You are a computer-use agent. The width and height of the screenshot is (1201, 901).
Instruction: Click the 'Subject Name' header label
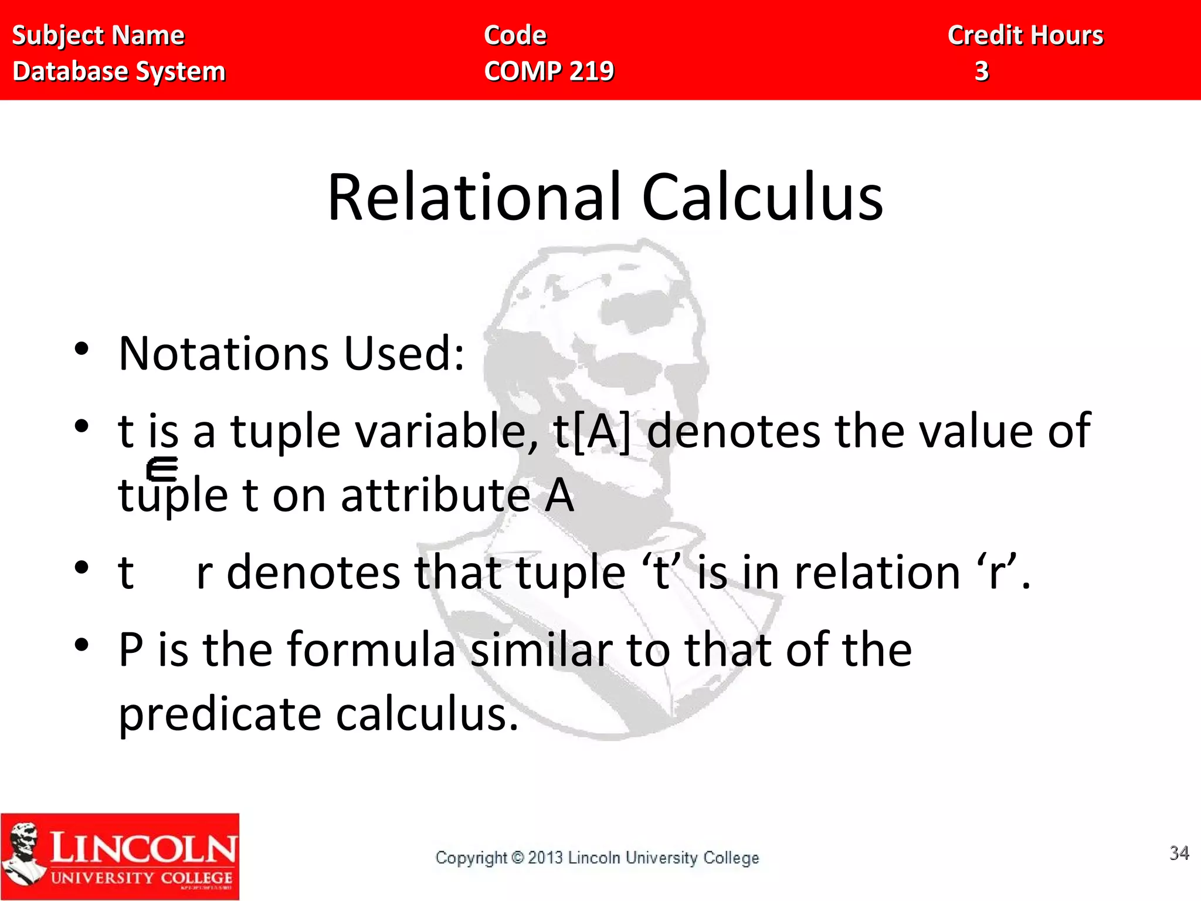click(x=98, y=36)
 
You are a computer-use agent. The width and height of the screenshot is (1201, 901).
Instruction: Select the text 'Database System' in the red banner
click(x=119, y=72)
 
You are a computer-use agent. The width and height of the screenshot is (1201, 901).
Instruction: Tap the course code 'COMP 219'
click(x=549, y=72)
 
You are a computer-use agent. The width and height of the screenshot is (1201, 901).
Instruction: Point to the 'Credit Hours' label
click(x=1026, y=36)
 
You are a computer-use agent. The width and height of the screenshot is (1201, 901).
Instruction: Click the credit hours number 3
click(x=982, y=72)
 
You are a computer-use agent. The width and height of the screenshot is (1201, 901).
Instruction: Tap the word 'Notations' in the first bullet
click(x=223, y=354)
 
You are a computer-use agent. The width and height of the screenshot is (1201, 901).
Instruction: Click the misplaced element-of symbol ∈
click(x=162, y=469)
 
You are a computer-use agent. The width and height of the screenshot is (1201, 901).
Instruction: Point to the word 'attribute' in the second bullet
click(x=436, y=495)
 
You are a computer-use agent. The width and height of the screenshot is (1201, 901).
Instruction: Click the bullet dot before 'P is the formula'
click(x=82, y=645)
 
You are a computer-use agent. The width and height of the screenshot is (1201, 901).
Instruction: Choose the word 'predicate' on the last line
click(x=220, y=714)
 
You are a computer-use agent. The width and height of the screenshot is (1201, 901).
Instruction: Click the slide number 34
click(x=1179, y=852)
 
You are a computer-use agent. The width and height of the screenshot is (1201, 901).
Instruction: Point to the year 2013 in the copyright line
click(x=545, y=858)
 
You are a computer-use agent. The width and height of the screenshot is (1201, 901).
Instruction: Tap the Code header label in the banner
click(x=515, y=36)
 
